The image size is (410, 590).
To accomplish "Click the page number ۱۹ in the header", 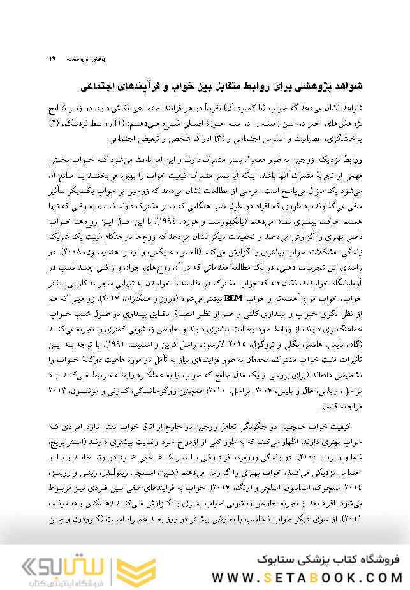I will pyautogui.click(x=52, y=58).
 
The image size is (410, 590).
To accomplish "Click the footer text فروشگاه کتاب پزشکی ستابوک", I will pyautogui.click(x=327, y=559).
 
